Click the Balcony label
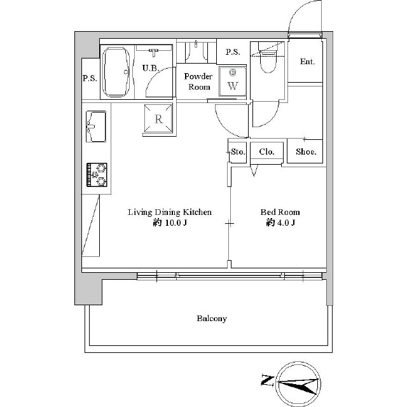click(211, 319)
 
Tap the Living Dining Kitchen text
click(169, 212)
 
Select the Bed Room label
click(280, 212)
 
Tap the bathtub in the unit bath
click(115, 71)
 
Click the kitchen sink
click(96, 127)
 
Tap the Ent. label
click(308, 62)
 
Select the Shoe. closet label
click(306, 152)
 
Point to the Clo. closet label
click(266, 152)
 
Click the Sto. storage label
click(238, 152)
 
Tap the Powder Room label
click(198, 81)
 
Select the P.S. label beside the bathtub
click(90, 79)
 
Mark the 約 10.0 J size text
click(169, 223)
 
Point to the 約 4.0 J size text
click(280, 223)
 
